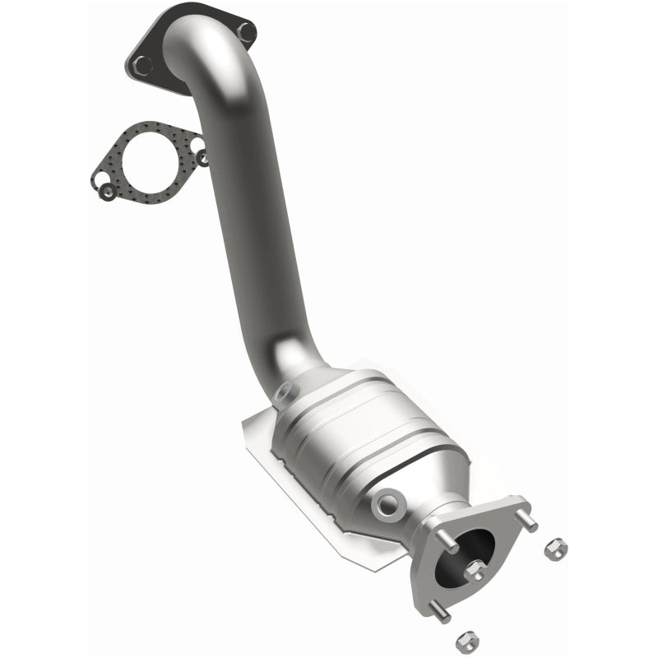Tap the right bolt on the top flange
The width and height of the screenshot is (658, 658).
pos(245,32)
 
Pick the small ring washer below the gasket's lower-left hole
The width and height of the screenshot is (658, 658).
pos(107,194)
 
